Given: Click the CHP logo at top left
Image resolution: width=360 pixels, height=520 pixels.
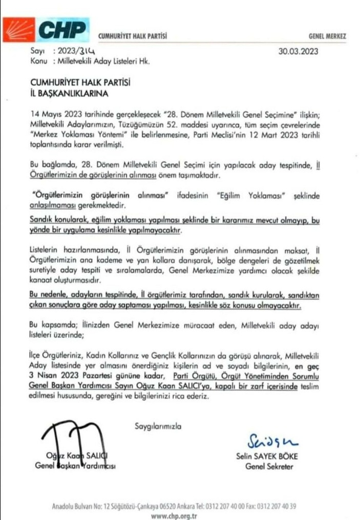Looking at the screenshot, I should tap(45, 30).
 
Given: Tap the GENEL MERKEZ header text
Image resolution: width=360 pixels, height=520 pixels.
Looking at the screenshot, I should tap(328, 36).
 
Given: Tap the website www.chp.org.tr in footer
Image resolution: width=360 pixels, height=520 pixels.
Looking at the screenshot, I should tap(174, 515).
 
